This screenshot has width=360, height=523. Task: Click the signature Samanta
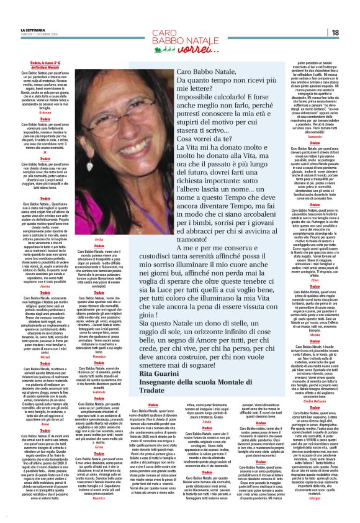[315, 136]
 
